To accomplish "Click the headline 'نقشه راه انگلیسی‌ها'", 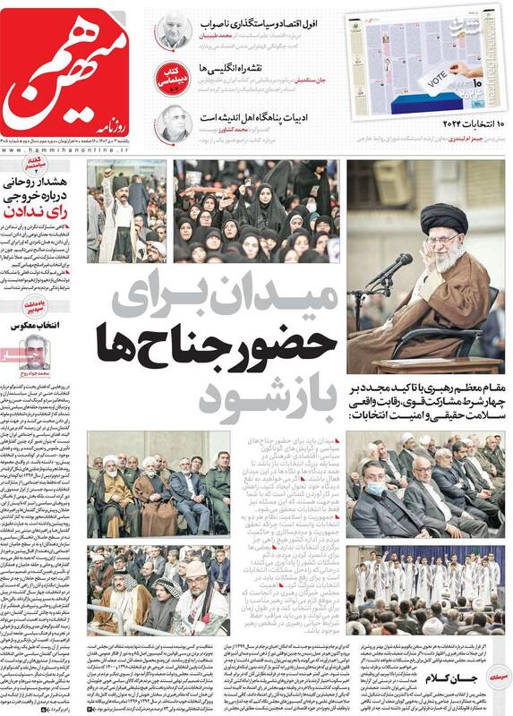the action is [287, 69].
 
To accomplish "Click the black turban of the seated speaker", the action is [444, 217].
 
